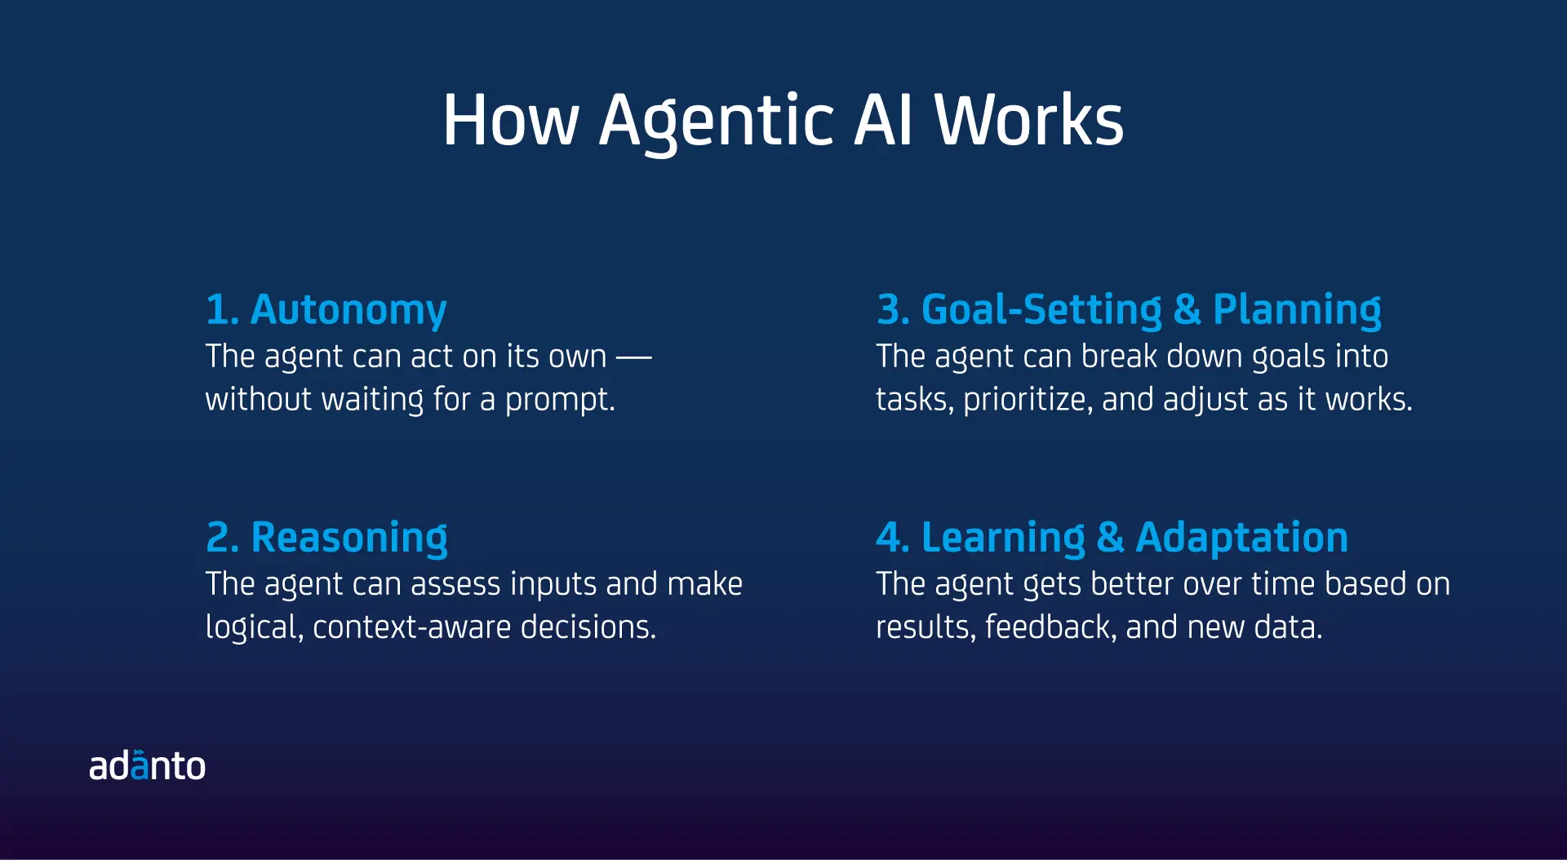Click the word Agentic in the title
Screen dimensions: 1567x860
pos(717,122)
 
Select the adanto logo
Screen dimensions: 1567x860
pos(147,765)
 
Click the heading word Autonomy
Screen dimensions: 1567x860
pos(348,311)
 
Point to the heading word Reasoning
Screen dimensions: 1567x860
pos(349,539)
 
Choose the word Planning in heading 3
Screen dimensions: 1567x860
pos(1297,311)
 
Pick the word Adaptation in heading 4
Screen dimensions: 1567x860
pos(1241,538)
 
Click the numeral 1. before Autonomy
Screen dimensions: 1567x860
pos(222,310)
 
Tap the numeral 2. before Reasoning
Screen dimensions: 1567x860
pos(223,538)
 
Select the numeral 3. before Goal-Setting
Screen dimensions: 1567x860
pos(894,310)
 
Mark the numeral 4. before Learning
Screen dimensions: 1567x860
pos(893,538)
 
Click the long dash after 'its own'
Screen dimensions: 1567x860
pos(633,357)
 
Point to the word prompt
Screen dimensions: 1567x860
pos(560,400)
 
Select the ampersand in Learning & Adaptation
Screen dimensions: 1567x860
pos(1110,538)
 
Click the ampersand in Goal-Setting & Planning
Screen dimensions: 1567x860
pos(1187,310)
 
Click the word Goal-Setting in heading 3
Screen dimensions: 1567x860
pos(1041,311)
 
